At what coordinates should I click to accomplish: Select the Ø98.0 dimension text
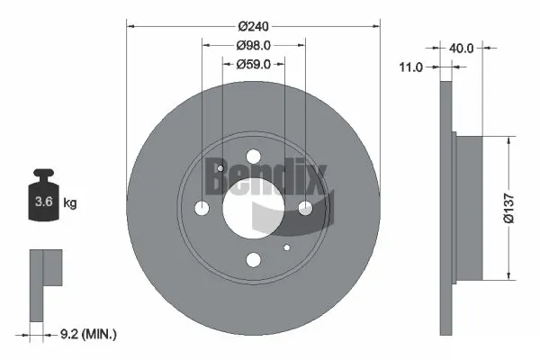click(x=253, y=45)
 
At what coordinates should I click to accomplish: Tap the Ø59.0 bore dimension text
click(x=253, y=64)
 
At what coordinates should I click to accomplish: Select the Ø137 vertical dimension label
click(x=508, y=206)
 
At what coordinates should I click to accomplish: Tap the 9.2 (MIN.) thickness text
click(x=87, y=335)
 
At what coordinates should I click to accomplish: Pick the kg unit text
click(x=69, y=203)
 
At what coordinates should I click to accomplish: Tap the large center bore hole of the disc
click(x=253, y=208)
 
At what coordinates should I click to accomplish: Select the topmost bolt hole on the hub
click(x=253, y=156)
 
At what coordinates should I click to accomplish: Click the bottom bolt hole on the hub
click(x=253, y=260)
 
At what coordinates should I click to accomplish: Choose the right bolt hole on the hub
click(x=305, y=208)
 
